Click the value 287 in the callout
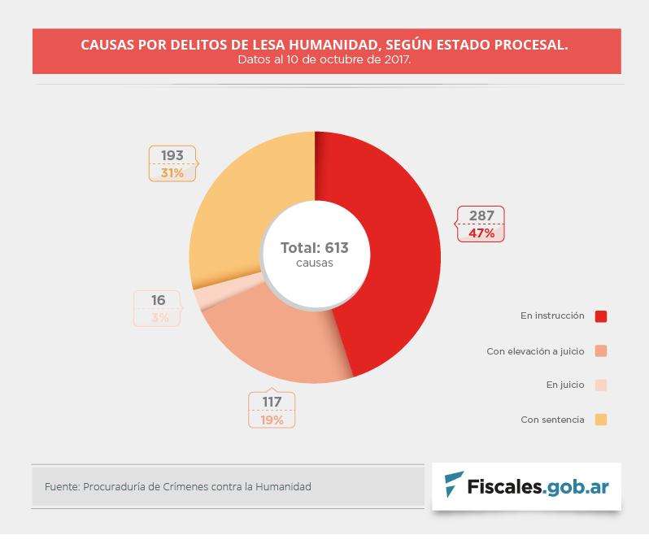pyautogui.click(x=481, y=216)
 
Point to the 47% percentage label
pyautogui.click(x=481, y=233)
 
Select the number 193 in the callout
pyautogui.click(x=172, y=155)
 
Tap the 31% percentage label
pyautogui.click(x=172, y=173)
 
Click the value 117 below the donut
pyautogui.click(x=272, y=403)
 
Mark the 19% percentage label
pyautogui.click(x=272, y=420)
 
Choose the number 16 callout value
pyautogui.click(x=158, y=300)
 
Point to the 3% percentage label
pyautogui.click(x=159, y=318)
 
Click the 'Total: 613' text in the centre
pyautogui.click(x=314, y=247)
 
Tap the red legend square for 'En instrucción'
pyautogui.click(x=601, y=316)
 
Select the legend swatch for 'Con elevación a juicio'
pyautogui.click(x=601, y=351)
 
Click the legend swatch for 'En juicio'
pyautogui.click(x=601, y=385)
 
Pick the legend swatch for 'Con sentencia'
pyautogui.click(x=601, y=420)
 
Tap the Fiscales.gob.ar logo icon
pyautogui.click(x=454, y=485)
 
